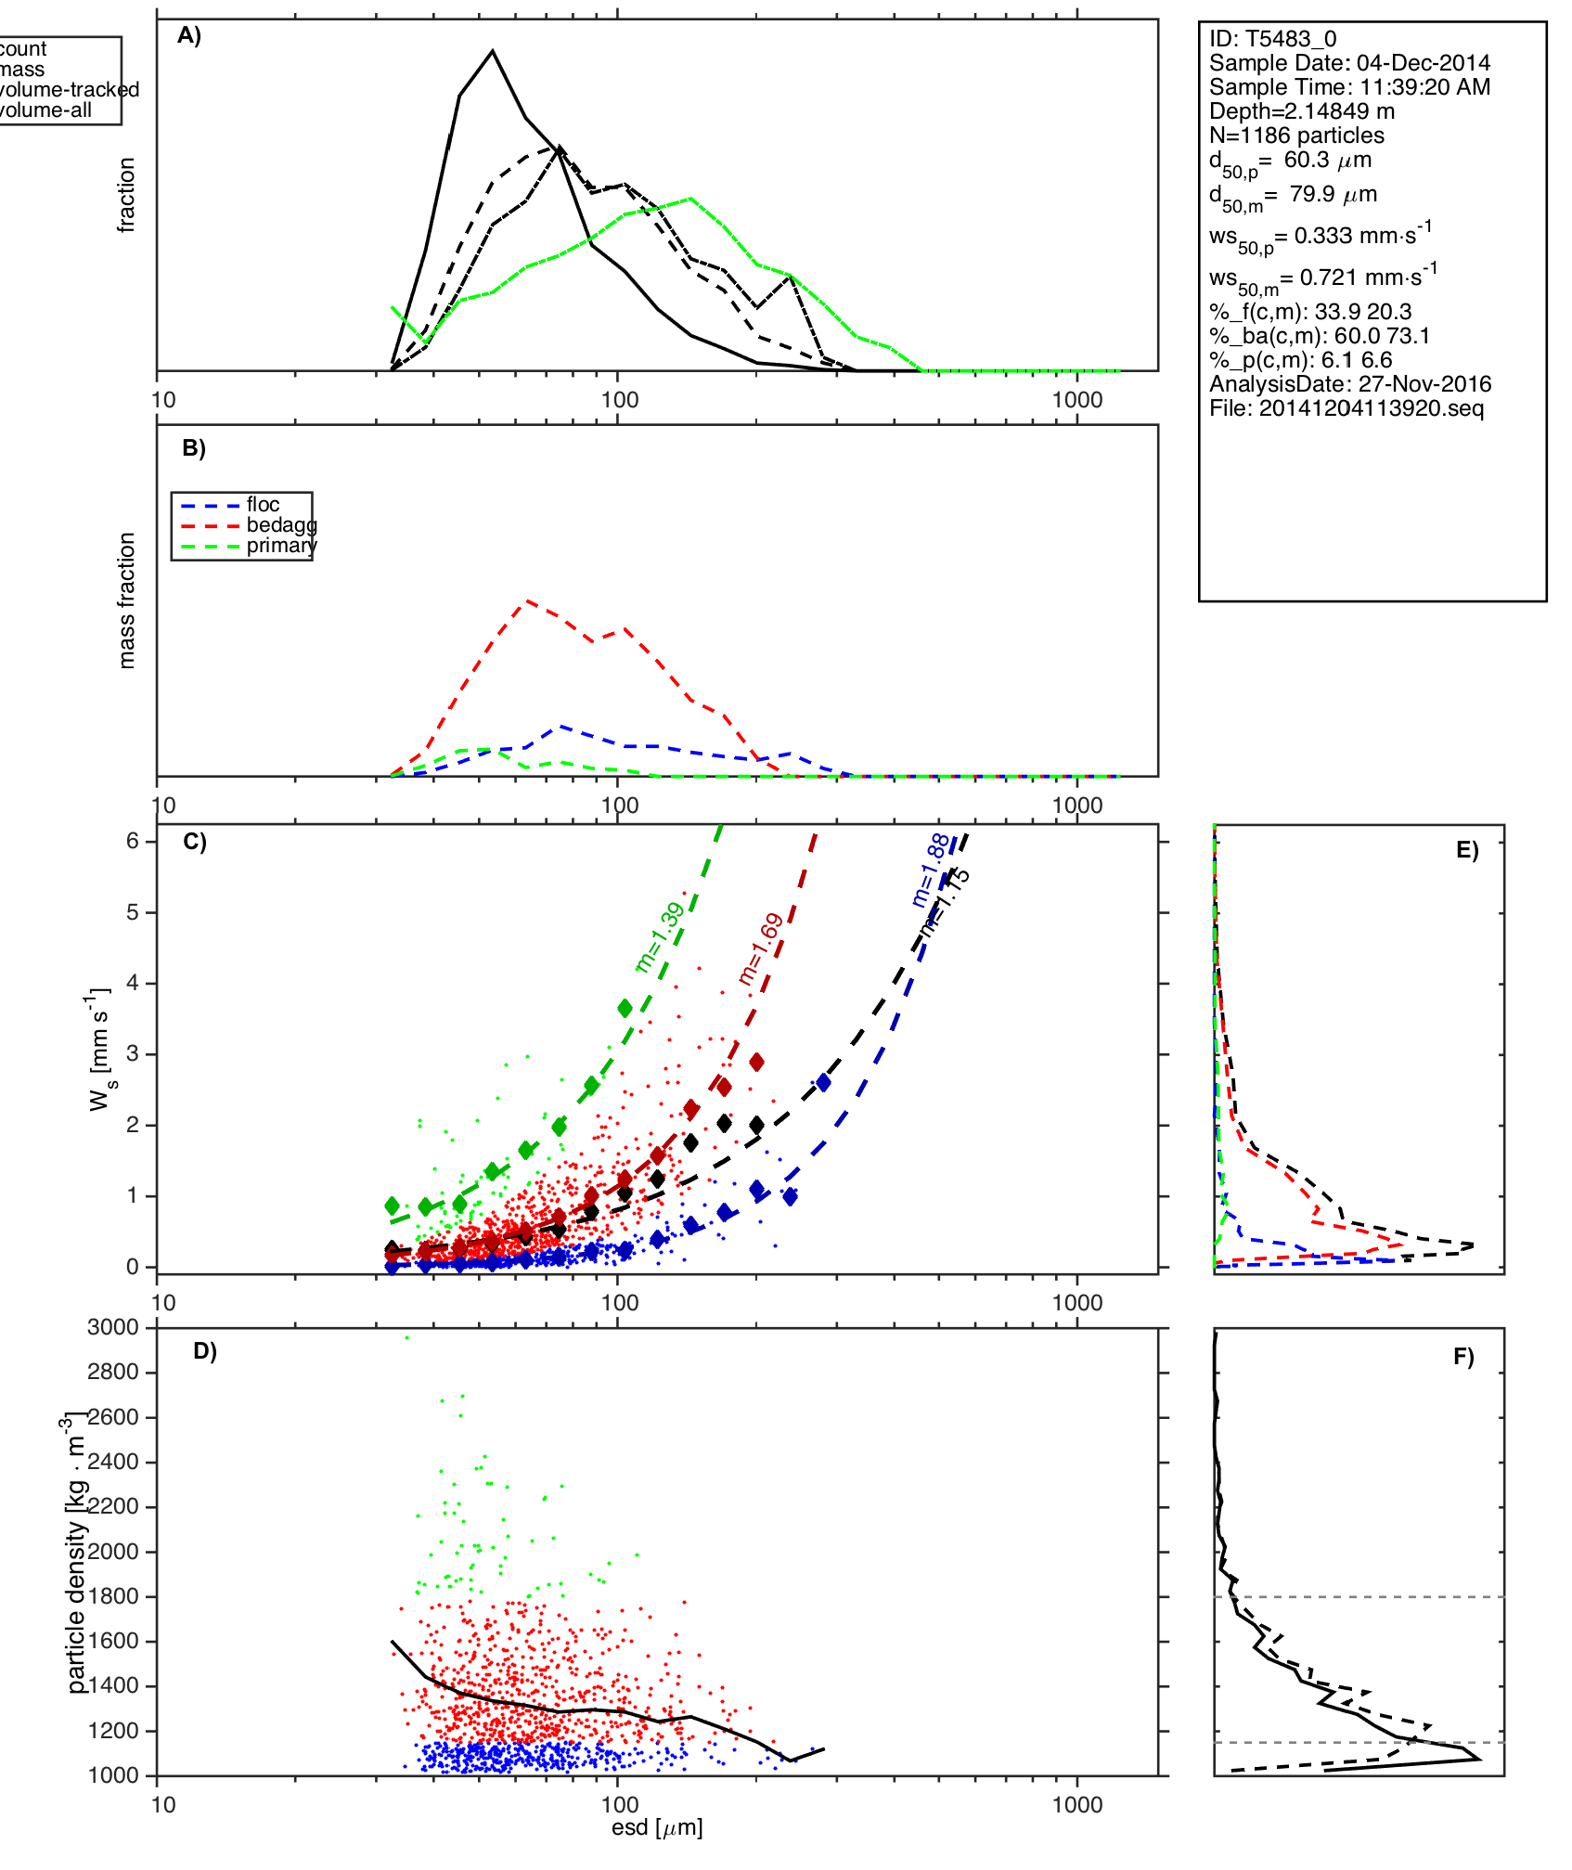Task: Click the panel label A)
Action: [x=189, y=35]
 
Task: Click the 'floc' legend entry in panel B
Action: [x=263, y=505]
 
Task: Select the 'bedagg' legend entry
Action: [x=281, y=525]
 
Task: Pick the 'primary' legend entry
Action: [x=281, y=546]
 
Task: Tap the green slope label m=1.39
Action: [x=660, y=937]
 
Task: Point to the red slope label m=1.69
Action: [x=761, y=948]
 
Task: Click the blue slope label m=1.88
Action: [x=930, y=870]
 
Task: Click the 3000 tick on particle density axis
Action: [x=113, y=1327]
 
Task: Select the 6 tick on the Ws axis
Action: [x=133, y=841]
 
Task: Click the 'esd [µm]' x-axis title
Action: [x=657, y=1828]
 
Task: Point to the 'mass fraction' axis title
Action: [x=127, y=600]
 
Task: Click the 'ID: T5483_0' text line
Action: [x=1272, y=39]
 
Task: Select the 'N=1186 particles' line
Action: [x=1296, y=135]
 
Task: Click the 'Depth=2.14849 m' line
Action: [x=1301, y=111]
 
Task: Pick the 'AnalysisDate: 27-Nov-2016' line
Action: [x=1349, y=384]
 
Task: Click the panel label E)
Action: [x=1467, y=851]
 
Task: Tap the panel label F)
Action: [x=1463, y=1357]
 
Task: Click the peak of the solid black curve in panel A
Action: [x=493, y=51]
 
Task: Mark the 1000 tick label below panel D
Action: [x=1077, y=1805]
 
